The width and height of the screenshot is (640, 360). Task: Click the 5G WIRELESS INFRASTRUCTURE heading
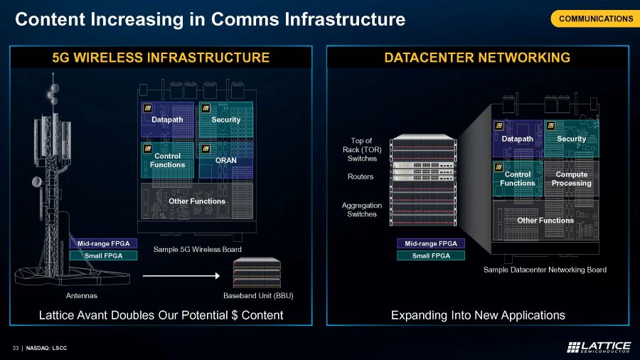(x=161, y=58)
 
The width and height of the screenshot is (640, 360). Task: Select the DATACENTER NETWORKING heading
(x=477, y=58)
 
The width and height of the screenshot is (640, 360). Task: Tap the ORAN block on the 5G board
(x=225, y=160)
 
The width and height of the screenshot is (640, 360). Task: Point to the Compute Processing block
(x=572, y=179)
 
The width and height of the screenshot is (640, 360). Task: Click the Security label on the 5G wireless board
(x=225, y=120)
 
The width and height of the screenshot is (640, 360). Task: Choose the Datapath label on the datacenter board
(x=518, y=139)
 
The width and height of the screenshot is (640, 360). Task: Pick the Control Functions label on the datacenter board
(x=518, y=179)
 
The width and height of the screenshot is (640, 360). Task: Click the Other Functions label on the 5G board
(x=197, y=201)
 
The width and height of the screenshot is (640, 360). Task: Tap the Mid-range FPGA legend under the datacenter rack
(x=430, y=243)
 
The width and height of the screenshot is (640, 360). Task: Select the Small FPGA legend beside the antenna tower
(x=103, y=255)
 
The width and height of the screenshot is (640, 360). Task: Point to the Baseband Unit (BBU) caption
(x=258, y=295)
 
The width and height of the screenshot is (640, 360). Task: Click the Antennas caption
(x=75, y=295)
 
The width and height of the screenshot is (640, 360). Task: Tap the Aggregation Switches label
(x=362, y=209)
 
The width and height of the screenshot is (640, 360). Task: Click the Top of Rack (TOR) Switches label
(x=362, y=149)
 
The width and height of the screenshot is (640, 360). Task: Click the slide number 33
(x=15, y=347)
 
